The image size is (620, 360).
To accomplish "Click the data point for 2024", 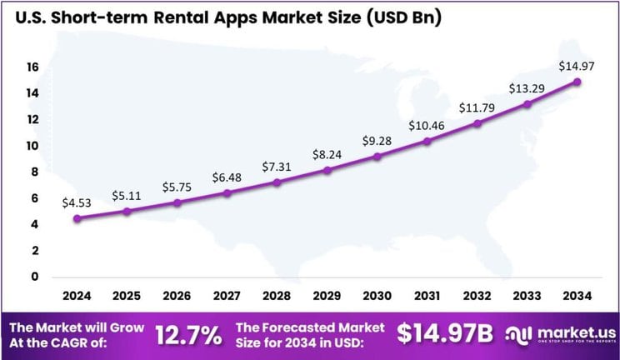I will [x=77, y=218].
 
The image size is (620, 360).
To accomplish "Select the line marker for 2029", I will [x=327, y=170].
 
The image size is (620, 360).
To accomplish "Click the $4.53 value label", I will [x=76, y=202].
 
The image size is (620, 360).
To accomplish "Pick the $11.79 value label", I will [x=476, y=107].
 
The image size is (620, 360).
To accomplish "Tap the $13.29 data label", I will [x=526, y=88].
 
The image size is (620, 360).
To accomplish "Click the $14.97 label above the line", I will [x=576, y=65].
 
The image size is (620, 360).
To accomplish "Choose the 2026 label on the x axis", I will [x=177, y=297].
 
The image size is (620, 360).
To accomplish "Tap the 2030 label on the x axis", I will [x=377, y=297].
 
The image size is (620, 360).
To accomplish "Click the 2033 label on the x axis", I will [x=527, y=297].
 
